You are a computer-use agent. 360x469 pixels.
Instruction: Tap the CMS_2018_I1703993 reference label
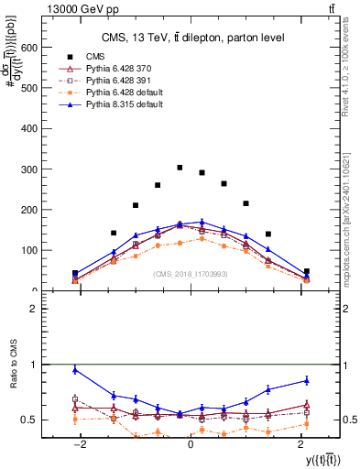click(190, 273)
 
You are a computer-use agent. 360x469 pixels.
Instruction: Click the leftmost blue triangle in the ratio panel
click(75, 370)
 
